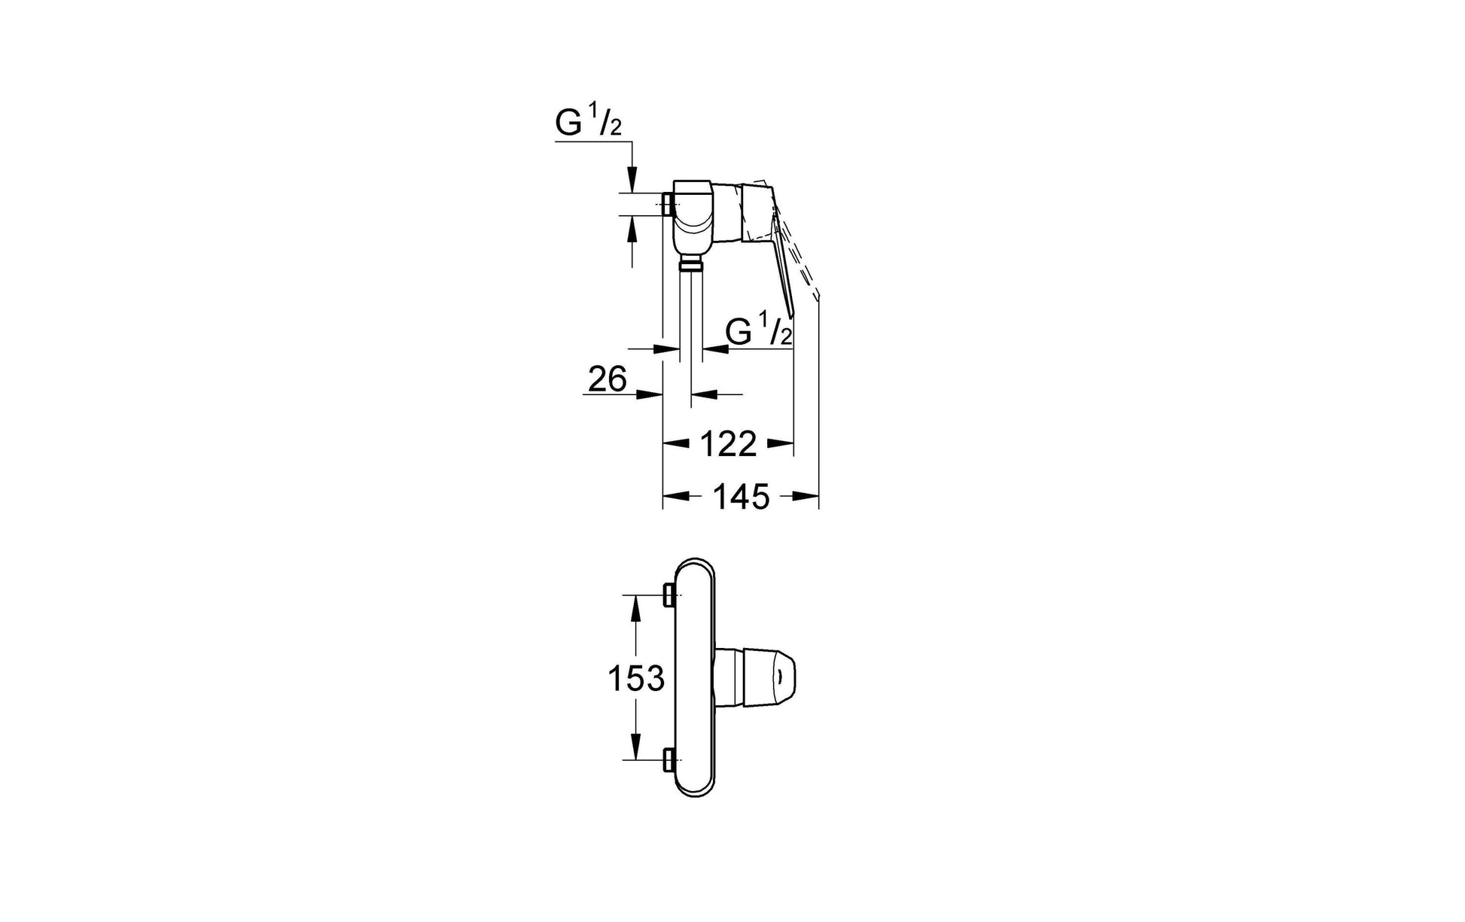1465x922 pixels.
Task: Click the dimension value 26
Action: click(x=608, y=379)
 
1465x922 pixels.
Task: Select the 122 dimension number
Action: click(x=728, y=445)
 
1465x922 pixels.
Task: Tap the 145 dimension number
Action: click(x=742, y=497)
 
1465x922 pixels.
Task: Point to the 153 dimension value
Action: click(x=636, y=679)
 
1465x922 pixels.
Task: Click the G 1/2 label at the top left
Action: click(x=589, y=123)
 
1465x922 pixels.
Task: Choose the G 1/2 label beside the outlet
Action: click(x=759, y=331)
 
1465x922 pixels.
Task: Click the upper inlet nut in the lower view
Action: click(x=669, y=595)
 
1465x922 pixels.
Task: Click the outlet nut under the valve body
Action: click(x=690, y=264)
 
